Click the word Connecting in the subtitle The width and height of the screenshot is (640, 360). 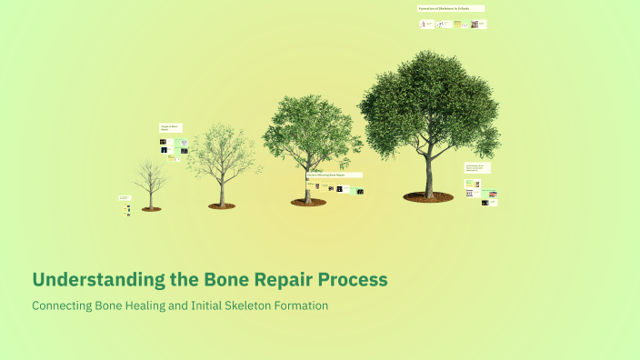[x=61, y=305]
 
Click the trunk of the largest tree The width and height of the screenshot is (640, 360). [x=429, y=173]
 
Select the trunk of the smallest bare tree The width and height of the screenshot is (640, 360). [x=151, y=197]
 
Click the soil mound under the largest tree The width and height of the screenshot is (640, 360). [x=428, y=196]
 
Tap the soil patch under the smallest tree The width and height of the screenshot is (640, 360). [x=151, y=209]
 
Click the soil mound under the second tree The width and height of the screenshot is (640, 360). [x=221, y=206]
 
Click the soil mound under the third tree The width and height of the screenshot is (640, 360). [x=308, y=202]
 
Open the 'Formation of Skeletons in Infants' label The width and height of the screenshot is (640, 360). [x=451, y=8]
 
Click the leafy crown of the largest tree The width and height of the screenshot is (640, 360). [x=427, y=100]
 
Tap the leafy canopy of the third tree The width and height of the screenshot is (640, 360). [x=309, y=127]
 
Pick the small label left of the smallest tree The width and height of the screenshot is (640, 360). [x=125, y=197]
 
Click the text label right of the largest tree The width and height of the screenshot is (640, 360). [x=477, y=168]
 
